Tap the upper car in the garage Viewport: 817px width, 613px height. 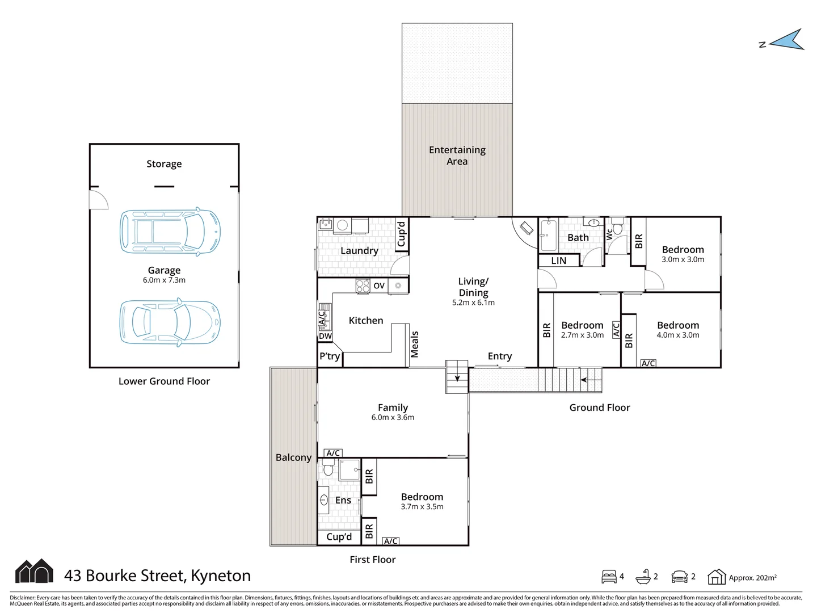(170, 231)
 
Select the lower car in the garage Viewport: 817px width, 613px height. (170, 322)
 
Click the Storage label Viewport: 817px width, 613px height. (164, 164)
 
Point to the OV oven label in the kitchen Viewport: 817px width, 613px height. (379, 285)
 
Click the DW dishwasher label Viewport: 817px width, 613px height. (325, 336)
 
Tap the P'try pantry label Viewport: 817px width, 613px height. (330, 356)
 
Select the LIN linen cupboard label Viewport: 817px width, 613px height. (559, 261)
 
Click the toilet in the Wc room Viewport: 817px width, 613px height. (617, 226)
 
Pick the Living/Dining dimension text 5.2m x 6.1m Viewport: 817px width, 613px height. (473, 303)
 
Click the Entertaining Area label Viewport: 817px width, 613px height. (457, 156)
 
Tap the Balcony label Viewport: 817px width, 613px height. (294, 457)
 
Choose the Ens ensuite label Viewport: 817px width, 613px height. (343, 500)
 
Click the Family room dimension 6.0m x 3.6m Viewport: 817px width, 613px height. (393, 417)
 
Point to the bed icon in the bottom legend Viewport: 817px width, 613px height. (609, 577)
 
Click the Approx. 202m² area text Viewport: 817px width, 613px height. (753, 578)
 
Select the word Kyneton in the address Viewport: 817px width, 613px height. (221, 576)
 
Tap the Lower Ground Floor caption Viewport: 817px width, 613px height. (164, 381)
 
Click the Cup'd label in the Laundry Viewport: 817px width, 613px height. (401, 234)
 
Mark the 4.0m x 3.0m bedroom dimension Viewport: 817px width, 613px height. (678, 335)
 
